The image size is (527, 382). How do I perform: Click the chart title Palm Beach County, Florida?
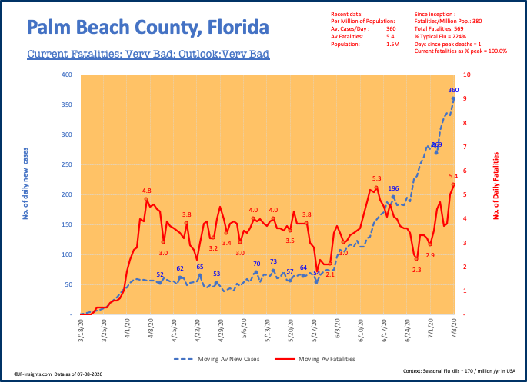[148, 28]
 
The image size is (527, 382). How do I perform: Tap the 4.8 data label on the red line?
[146, 190]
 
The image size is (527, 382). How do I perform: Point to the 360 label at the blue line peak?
[453, 90]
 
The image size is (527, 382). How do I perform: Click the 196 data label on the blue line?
[393, 188]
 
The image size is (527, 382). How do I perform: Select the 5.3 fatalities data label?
[376, 178]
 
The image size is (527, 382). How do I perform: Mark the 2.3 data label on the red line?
[416, 270]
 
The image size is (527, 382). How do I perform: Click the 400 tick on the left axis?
[68, 75]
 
